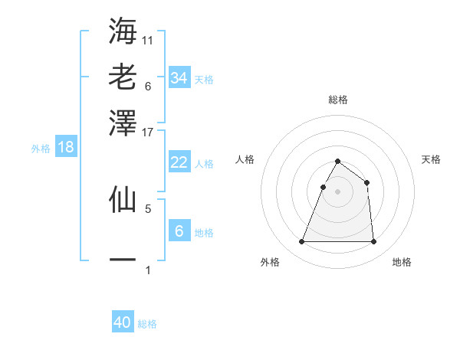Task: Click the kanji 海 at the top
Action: pyautogui.click(x=123, y=30)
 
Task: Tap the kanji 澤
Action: pyautogui.click(x=123, y=122)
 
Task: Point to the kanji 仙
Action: pyautogui.click(x=123, y=198)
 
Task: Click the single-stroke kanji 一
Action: pyautogui.click(x=123, y=260)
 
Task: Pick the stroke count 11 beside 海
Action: pyautogui.click(x=148, y=40)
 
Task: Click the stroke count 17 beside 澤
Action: pyautogui.click(x=148, y=132)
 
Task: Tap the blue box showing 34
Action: pyautogui.click(x=179, y=78)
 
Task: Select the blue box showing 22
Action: pyautogui.click(x=179, y=162)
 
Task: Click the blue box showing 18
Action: pyautogui.click(x=65, y=147)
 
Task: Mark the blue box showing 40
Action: pyautogui.click(x=123, y=322)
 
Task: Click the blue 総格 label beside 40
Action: pyautogui.click(x=147, y=324)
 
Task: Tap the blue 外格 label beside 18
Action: pyautogui.click(x=41, y=149)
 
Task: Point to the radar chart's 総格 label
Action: pyautogui.click(x=337, y=100)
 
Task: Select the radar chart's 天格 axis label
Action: pyautogui.click(x=431, y=159)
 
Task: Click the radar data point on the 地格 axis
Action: pyautogui.click(x=373, y=242)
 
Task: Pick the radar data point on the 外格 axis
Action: pyautogui.click(x=301, y=242)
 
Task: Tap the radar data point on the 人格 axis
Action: pyautogui.click(x=323, y=187)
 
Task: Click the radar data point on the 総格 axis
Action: pyautogui.click(x=337, y=162)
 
